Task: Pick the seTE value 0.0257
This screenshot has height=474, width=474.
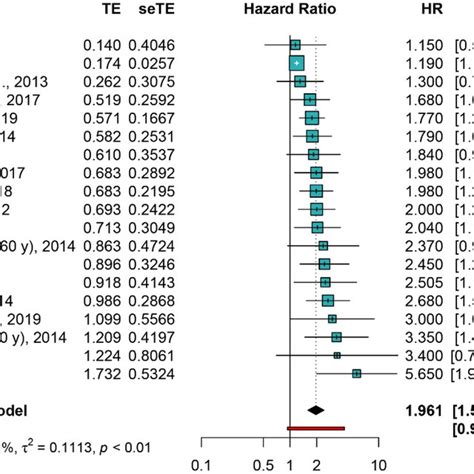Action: point(165,63)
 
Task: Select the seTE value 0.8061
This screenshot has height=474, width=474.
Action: point(165,357)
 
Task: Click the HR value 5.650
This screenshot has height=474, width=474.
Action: point(425,375)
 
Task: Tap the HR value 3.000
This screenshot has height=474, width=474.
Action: point(425,320)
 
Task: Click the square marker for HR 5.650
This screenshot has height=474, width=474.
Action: point(357,375)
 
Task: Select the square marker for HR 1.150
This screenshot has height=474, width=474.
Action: point(295,44)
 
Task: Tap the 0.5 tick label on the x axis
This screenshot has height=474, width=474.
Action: point(263,463)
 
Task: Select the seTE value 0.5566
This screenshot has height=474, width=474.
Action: point(165,320)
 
